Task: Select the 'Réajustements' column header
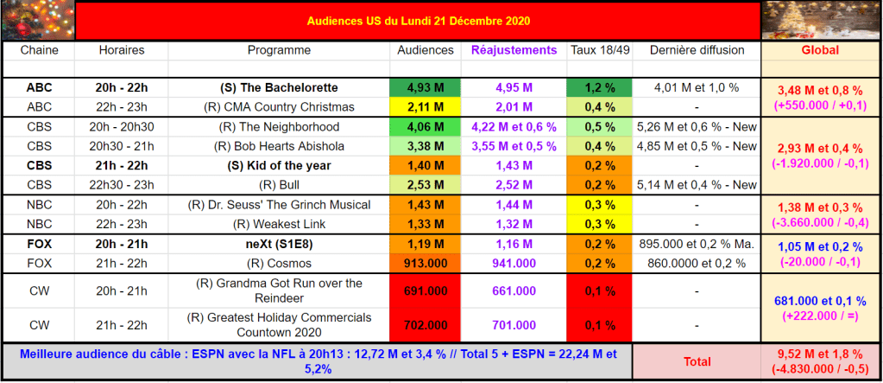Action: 514,50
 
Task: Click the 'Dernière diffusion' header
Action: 696,50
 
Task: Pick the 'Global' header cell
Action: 820,50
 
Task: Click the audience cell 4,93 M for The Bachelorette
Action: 425,87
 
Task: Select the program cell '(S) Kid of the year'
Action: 280,165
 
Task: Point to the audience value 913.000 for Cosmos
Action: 425,263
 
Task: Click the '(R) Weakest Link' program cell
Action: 280,224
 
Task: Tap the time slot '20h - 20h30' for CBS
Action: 121,126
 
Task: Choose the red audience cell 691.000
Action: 425,291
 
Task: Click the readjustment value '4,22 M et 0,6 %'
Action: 514,126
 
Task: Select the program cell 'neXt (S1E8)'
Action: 280,244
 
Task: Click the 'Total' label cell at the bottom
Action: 696,361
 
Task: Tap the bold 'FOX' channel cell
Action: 38,244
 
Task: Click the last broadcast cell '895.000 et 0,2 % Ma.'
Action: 696,244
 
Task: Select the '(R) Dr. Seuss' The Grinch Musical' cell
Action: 280,205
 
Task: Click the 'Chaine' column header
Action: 38,50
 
